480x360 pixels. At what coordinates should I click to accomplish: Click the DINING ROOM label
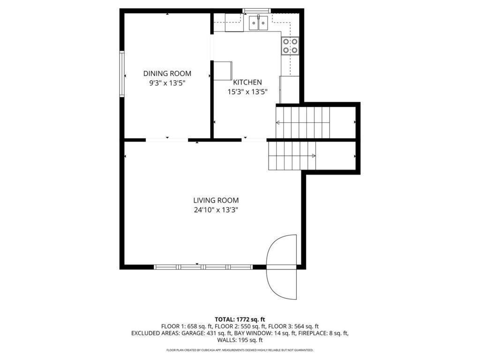pyautogui.click(x=167, y=73)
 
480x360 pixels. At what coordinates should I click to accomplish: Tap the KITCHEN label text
pyautogui.click(x=247, y=82)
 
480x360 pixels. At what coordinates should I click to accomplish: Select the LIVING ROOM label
pyautogui.click(x=217, y=200)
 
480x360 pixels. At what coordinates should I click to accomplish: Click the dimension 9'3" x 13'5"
pyautogui.click(x=167, y=83)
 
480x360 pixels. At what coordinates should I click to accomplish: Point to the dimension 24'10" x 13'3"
pyautogui.click(x=217, y=210)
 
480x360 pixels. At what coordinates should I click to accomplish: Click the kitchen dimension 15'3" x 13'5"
pyautogui.click(x=247, y=92)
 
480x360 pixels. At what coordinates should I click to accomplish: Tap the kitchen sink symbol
pyautogui.click(x=258, y=22)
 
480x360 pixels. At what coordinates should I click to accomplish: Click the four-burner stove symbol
pyautogui.click(x=290, y=45)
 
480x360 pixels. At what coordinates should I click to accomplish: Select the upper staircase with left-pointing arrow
pyautogui.click(x=303, y=122)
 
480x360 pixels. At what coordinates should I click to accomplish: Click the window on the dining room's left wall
pyautogui.click(x=122, y=74)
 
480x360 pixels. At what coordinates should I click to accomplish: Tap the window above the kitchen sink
pyautogui.click(x=256, y=10)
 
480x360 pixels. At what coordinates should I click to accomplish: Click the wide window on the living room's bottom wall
pyautogui.click(x=203, y=267)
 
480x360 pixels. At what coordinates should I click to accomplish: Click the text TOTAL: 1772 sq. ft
pyautogui.click(x=240, y=319)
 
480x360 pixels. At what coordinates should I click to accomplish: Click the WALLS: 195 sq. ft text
pyautogui.click(x=240, y=340)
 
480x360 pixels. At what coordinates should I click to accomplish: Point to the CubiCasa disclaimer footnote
pyautogui.click(x=240, y=350)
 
